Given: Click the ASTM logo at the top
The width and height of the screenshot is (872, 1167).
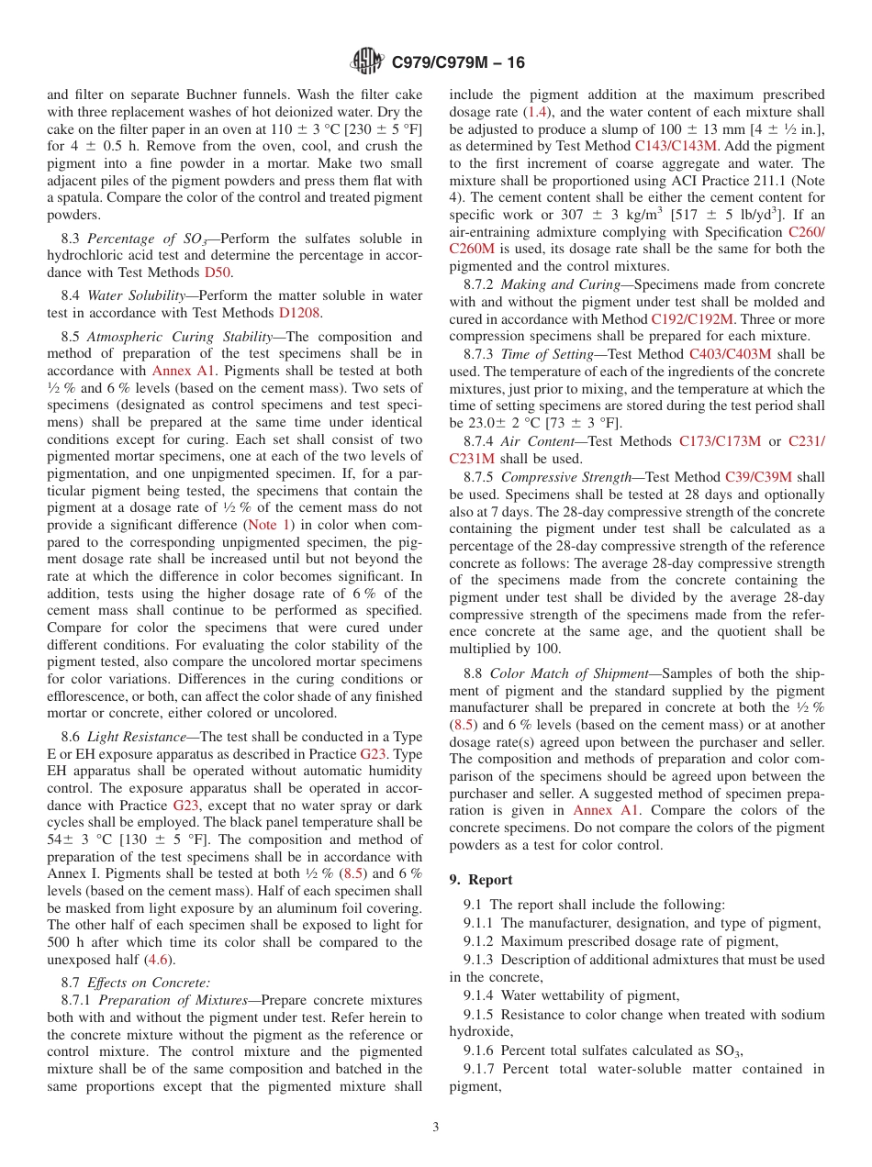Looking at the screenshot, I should pyautogui.click(x=367, y=62).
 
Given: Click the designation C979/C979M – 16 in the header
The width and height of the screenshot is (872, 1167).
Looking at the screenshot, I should pyautogui.click(x=458, y=63).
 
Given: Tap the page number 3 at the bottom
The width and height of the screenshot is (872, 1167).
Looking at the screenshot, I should pyautogui.click(x=436, y=1127).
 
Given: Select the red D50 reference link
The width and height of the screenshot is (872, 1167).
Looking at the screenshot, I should pyautogui.click(x=218, y=272).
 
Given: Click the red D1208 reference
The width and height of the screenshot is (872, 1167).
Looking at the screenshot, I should pyautogui.click(x=299, y=312).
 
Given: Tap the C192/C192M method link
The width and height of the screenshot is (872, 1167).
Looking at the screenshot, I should pyautogui.click(x=692, y=318).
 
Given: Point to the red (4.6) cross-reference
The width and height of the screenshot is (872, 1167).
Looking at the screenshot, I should pyautogui.click(x=160, y=960).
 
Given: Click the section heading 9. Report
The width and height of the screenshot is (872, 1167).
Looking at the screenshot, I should pyautogui.click(x=481, y=879).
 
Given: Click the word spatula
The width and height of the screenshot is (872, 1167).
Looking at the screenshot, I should pyautogui.click(x=80, y=197).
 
